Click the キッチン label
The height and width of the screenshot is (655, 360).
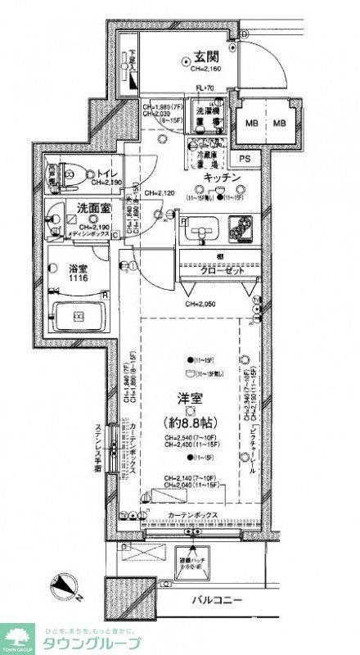click(221, 178)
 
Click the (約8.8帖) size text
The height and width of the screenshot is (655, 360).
click(190, 425)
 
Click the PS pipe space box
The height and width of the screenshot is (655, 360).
click(245, 159)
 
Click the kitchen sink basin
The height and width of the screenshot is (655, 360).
click(199, 229)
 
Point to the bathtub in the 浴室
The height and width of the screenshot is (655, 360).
click(79, 315)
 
